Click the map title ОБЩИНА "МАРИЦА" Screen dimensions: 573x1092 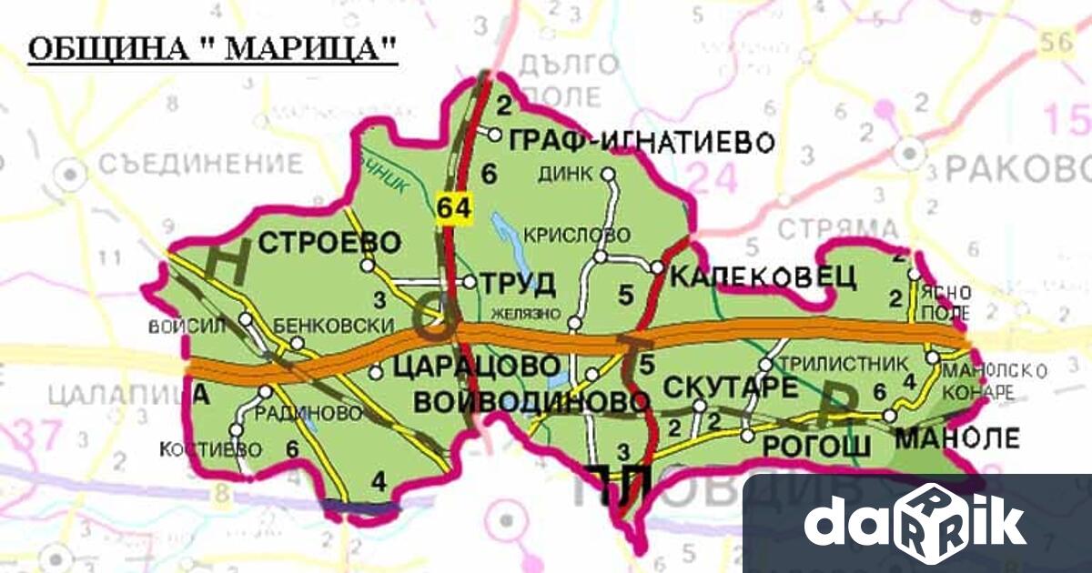pos(213,50)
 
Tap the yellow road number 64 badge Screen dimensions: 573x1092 pos(454,207)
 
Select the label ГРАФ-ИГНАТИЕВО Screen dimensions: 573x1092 pos(642,142)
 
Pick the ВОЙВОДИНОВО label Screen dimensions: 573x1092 pos(532,401)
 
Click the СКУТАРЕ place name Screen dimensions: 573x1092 pos(732,387)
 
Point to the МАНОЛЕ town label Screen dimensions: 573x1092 pos(958,438)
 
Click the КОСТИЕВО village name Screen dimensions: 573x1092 pos(210,449)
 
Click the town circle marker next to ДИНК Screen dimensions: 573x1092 pos(609,173)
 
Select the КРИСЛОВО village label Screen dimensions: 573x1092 pos(577,235)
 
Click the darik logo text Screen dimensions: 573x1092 pos(915,522)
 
